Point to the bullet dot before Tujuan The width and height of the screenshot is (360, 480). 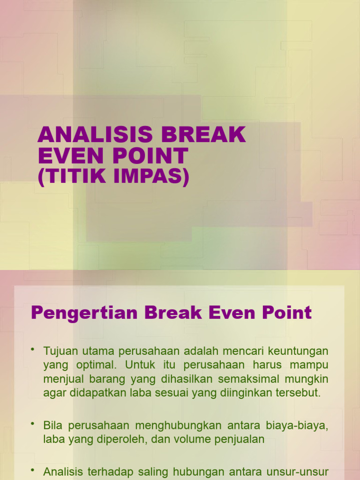[x=33, y=350]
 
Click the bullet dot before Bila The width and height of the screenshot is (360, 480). [x=33, y=424]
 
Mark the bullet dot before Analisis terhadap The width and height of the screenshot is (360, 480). [x=33, y=470]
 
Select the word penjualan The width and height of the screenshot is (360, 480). [x=244, y=439]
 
